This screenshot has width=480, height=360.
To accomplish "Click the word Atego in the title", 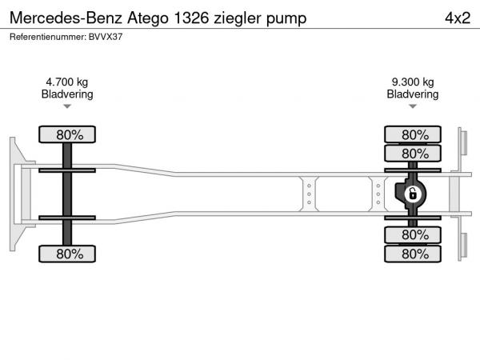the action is click(148, 18).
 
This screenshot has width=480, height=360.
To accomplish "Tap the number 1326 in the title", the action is click(191, 18).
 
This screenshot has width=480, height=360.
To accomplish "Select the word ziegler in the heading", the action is click(238, 18).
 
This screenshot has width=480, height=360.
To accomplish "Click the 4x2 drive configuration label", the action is click(458, 18).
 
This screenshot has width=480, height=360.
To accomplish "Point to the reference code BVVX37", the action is click(106, 37).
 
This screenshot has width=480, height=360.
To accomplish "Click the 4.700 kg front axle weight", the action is click(67, 82).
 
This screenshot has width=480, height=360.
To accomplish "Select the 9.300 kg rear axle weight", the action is click(413, 82).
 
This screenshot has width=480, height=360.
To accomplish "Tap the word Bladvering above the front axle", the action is click(67, 94).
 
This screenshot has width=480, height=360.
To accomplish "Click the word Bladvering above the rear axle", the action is click(413, 94).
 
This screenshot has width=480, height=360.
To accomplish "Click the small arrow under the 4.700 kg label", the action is click(67, 106).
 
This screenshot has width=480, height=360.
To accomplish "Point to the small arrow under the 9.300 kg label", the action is click(413, 106).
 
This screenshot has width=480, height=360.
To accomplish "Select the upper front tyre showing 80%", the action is click(67, 134).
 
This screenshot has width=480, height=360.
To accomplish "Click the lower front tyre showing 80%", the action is click(67, 254).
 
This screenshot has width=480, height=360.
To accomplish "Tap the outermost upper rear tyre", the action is click(413, 134).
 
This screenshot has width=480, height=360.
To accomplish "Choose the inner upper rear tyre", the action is click(413, 154).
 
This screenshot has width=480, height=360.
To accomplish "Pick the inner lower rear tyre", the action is click(413, 235).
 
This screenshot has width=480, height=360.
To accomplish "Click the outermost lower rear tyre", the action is click(413, 254).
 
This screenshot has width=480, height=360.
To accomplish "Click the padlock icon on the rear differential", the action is click(413, 194).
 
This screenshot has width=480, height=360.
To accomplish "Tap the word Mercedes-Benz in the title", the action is click(66, 18).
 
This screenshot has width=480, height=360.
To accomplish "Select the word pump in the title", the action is click(286, 19).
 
